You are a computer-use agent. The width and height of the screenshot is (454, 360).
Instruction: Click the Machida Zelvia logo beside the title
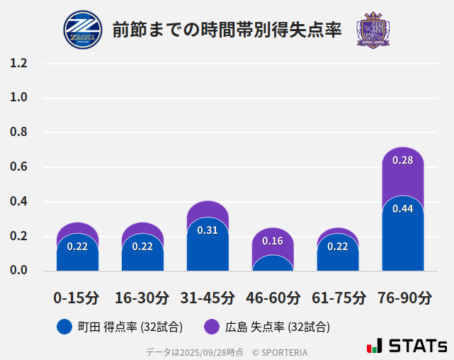(82, 30)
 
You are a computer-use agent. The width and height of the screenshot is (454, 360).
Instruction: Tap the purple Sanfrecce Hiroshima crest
(373, 30)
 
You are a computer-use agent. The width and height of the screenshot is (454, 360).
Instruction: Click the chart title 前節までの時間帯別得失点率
(227, 30)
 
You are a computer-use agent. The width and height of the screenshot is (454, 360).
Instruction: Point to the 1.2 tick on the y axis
(18, 63)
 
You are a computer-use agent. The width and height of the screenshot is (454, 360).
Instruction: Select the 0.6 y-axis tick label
(18, 167)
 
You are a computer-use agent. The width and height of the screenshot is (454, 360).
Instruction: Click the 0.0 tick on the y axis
(18, 271)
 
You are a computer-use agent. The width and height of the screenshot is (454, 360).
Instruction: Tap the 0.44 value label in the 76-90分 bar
(402, 209)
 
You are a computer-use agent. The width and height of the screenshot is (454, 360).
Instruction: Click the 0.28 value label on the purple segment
(402, 160)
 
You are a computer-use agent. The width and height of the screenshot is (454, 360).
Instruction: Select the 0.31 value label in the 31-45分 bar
(208, 230)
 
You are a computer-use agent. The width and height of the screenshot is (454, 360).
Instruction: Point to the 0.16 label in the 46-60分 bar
(273, 241)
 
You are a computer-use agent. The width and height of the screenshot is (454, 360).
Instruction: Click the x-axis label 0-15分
(77, 298)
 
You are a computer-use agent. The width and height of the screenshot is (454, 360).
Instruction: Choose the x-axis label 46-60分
(273, 298)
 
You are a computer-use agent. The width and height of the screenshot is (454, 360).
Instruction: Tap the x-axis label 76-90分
(403, 298)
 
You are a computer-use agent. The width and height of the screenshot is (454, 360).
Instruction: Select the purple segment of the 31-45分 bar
(208, 210)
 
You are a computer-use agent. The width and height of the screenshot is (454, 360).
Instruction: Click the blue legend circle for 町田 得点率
(64, 327)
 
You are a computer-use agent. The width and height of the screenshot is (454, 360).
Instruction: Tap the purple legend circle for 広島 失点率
(212, 327)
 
